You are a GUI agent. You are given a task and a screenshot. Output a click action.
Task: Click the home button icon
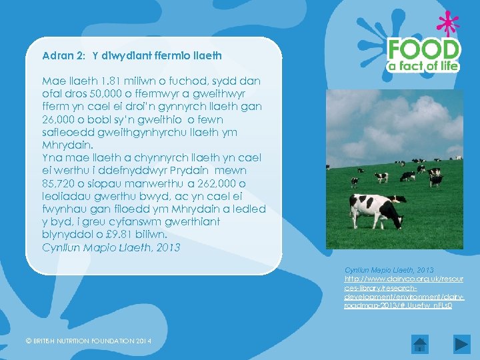tap(419, 345)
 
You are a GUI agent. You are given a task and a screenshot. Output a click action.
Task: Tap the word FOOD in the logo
tap(424, 50)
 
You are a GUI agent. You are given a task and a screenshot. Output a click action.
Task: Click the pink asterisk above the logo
tap(447, 24)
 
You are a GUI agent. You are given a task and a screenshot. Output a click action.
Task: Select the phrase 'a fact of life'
tap(424, 65)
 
